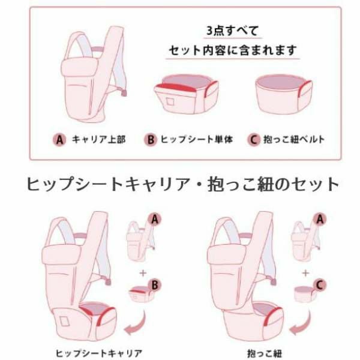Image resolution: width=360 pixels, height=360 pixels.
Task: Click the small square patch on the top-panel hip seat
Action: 169,100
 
